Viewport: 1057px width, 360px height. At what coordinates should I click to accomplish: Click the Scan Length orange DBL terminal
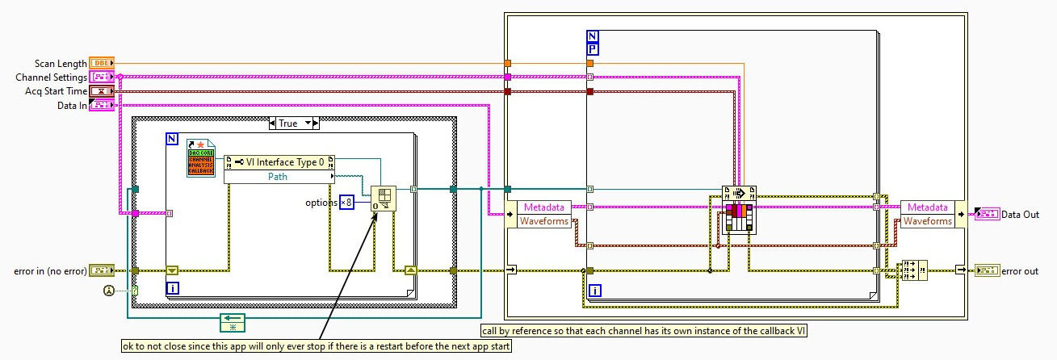(x=103, y=62)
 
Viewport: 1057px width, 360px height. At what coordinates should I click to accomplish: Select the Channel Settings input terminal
(x=103, y=77)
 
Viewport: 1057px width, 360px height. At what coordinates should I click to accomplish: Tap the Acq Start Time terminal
(x=103, y=91)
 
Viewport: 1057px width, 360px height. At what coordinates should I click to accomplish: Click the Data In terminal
(x=103, y=106)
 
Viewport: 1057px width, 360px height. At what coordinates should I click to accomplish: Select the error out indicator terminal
(x=987, y=270)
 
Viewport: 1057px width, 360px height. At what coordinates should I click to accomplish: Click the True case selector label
(x=293, y=123)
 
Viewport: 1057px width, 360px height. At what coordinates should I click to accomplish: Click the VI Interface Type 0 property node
(x=279, y=161)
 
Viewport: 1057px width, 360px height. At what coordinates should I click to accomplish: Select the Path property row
(x=279, y=176)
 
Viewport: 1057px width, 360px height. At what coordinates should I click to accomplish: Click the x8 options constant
(x=346, y=202)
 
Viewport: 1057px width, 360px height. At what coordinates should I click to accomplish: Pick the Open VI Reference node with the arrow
(x=384, y=199)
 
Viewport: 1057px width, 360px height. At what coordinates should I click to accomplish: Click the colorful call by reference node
(x=739, y=210)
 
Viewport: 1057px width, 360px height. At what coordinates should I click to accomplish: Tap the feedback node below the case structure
(x=232, y=324)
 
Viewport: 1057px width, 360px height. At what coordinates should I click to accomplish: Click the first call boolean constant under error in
(x=135, y=290)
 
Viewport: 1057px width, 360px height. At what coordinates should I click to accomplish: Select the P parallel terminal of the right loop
(x=593, y=48)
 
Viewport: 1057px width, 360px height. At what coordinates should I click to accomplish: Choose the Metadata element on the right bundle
(x=926, y=207)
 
